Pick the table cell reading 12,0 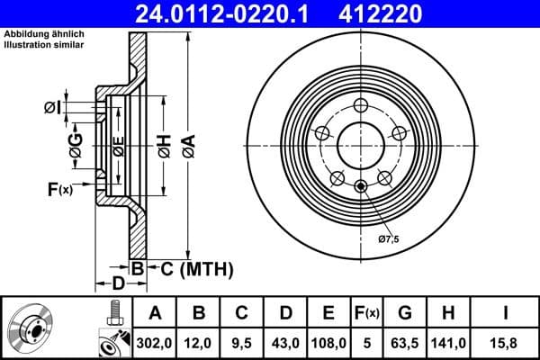tap(199, 342)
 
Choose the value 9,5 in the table tap(242, 342)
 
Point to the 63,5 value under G tap(406, 342)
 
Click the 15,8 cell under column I tap(505, 342)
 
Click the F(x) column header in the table tap(367, 313)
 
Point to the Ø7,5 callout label tap(388, 238)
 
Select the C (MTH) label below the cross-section tap(192, 268)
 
